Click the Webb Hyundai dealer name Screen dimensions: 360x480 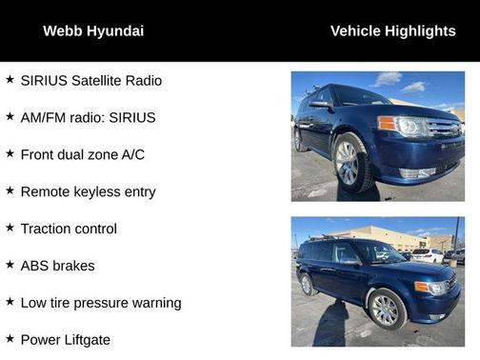tap(93, 31)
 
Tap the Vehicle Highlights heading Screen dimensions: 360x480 tap(392, 31)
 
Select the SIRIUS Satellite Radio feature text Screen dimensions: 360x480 tap(91, 81)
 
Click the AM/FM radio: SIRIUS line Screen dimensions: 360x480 tap(88, 118)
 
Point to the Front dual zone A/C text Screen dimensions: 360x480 tap(83, 154)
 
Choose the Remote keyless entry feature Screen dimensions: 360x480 tap(88, 191)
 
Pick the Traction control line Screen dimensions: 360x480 tap(69, 229)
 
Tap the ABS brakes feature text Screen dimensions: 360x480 tap(62, 266)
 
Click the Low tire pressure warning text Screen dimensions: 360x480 tap(100, 303)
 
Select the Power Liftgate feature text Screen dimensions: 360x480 tap(65, 340)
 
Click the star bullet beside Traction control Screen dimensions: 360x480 tap(10, 228)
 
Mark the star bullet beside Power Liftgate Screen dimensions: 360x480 tap(10, 339)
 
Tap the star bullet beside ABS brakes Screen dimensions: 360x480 tap(10, 265)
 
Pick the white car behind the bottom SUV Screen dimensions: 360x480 tap(428, 255)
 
